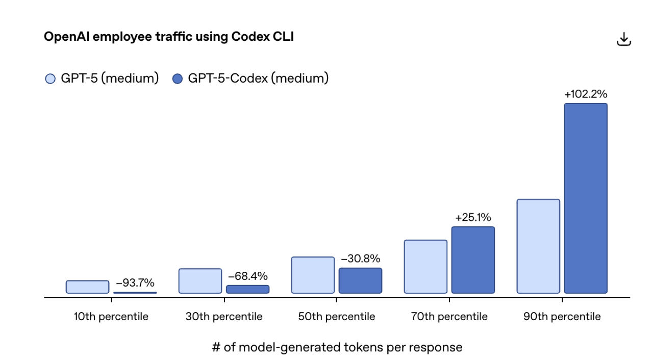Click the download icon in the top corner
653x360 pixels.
(x=624, y=39)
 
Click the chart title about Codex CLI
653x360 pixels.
(x=169, y=37)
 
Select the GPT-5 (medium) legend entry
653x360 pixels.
(x=103, y=79)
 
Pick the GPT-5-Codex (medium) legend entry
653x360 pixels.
(x=250, y=79)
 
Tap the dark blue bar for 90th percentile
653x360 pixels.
(x=586, y=198)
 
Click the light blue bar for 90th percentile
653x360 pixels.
(x=538, y=246)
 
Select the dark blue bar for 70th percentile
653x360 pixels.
(x=473, y=260)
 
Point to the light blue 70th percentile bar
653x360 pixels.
(x=425, y=267)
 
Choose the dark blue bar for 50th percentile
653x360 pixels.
(x=360, y=280)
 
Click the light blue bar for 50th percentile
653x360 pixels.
(x=313, y=275)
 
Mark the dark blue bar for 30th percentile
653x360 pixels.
(x=247, y=289)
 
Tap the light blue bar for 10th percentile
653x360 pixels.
(x=87, y=287)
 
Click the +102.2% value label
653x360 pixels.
(x=586, y=94)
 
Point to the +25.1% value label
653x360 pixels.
(x=473, y=218)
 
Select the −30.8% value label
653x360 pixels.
(x=360, y=259)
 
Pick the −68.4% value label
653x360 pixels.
(x=247, y=276)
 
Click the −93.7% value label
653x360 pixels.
(x=135, y=283)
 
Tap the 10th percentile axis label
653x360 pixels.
(x=111, y=317)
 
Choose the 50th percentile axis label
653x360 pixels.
(x=337, y=317)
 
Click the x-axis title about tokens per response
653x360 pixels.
(x=337, y=347)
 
